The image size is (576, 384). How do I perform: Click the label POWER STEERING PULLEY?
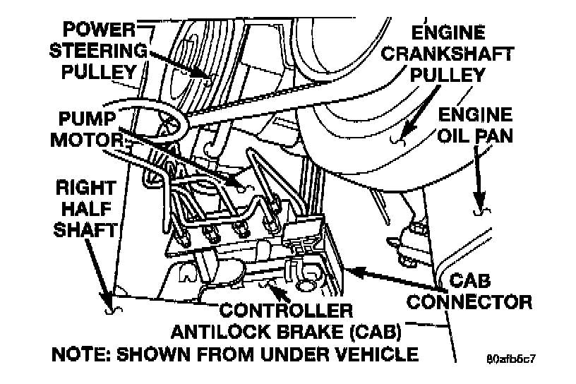[x=98, y=51]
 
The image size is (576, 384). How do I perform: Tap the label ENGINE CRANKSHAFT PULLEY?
[x=448, y=54]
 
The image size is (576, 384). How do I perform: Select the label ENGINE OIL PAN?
[x=475, y=126]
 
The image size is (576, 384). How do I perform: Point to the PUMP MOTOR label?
[x=87, y=129]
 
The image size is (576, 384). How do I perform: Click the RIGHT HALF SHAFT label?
[x=86, y=209]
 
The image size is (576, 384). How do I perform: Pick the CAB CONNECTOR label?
[x=469, y=292]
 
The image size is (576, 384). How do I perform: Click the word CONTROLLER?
[x=286, y=311]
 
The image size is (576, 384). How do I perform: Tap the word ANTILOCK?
[x=220, y=332]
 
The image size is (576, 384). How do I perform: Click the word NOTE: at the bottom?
[x=82, y=354]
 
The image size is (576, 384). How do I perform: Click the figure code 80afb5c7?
[x=511, y=359]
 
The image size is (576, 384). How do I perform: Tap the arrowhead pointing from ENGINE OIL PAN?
[x=479, y=200]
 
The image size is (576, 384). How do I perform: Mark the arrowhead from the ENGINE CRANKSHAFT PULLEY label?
[x=409, y=131]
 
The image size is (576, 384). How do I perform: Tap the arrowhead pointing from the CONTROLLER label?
[x=278, y=292]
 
